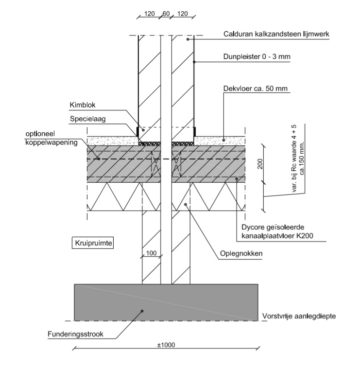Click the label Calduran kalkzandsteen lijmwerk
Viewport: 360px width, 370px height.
click(x=277, y=34)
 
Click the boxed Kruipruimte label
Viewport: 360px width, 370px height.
click(x=92, y=243)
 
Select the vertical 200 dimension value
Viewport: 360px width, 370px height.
click(x=260, y=163)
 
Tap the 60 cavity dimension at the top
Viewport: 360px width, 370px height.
click(x=166, y=14)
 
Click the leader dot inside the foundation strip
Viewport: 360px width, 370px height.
click(x=141, y=311)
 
